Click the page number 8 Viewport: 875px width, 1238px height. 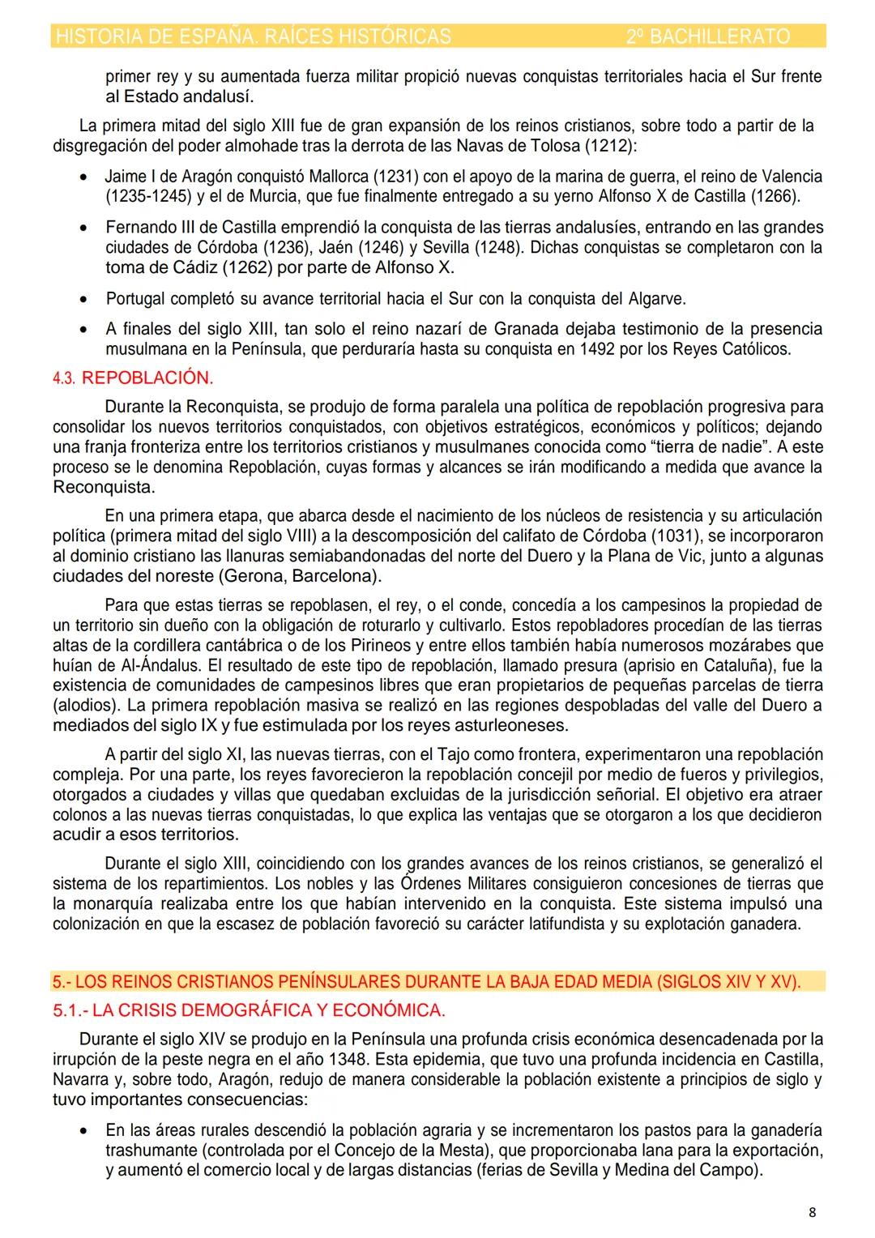pyautogui.click(x=813, y=1213)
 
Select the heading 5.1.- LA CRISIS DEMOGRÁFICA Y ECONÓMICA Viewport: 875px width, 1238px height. pyautogui.click(x=249, y=1010)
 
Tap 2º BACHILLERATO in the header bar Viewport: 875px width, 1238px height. pyautogui.click(x=708, y=36)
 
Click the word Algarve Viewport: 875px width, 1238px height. pyautogui.click(x=657, y=299)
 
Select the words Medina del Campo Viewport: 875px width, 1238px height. pyautogui.click(x=684, y=1170)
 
